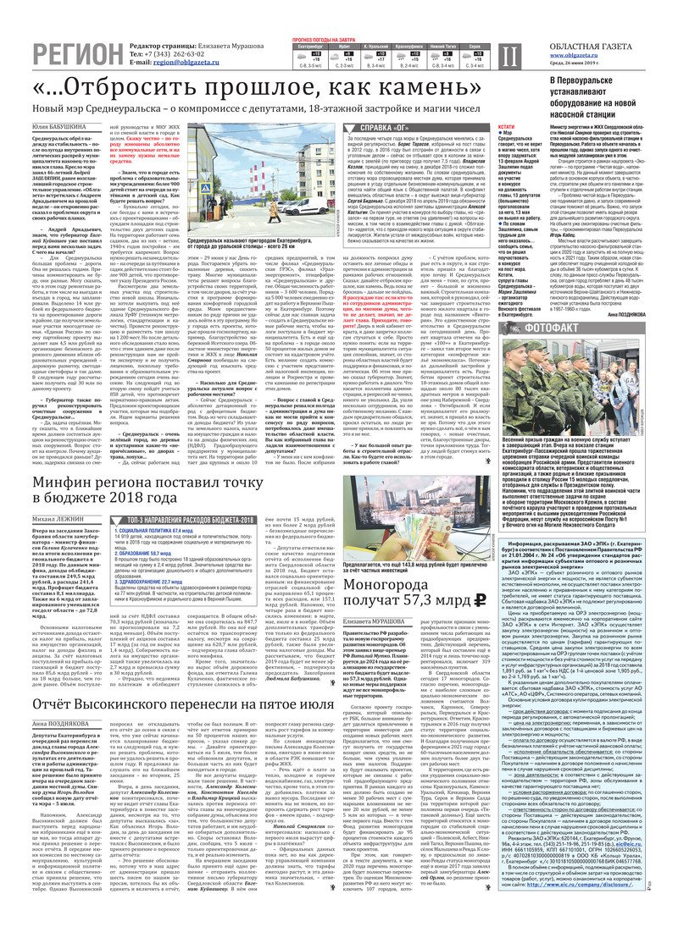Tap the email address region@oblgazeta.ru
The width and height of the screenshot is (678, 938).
[187, 62]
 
